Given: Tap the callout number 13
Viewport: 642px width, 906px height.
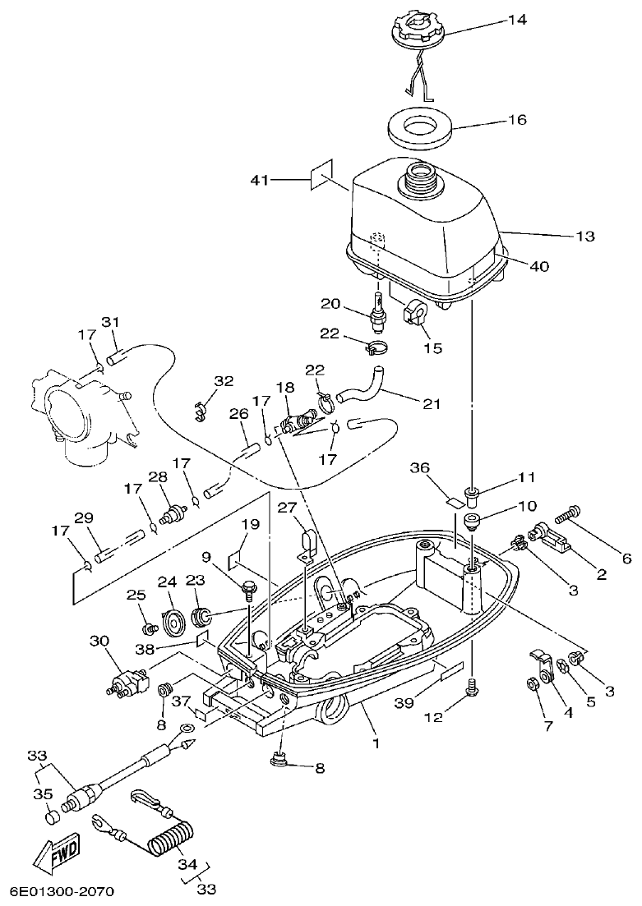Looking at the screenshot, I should pos(584,236).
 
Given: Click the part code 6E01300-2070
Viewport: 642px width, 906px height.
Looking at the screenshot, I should pos(62,891).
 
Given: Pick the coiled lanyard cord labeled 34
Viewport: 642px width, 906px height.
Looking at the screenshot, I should pos(171,842).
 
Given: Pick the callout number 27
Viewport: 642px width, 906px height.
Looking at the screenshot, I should pos(286,508).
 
